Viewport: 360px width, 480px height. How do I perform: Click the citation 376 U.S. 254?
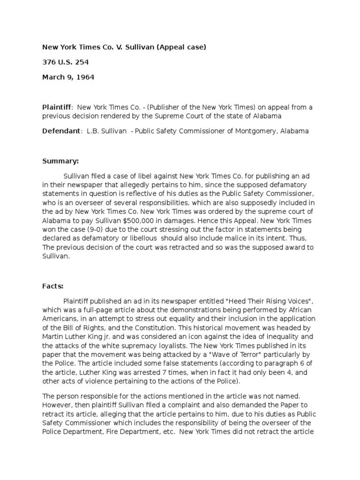(x=66, y=62)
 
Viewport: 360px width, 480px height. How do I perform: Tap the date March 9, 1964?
(x=68, y=77)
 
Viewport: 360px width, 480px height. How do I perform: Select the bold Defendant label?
(x=61, y=131)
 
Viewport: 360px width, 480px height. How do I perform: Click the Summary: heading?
(x=60, y=161)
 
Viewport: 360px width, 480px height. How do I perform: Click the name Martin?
(x=53, y=336)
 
